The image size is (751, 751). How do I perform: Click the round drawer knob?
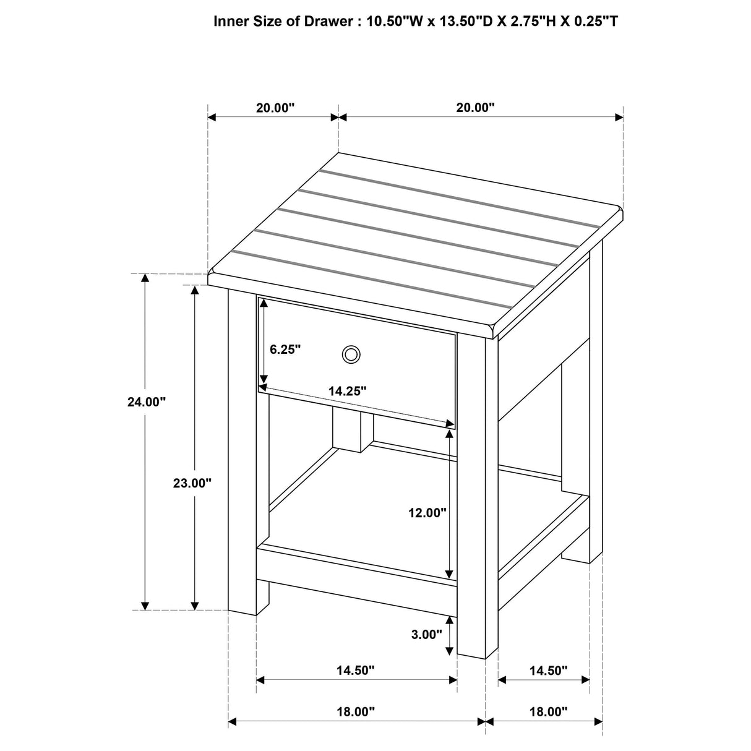[x=351, y=354]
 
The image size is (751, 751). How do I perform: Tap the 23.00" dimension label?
[x=192, y=483]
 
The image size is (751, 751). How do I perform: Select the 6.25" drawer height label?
[x=285, y=350]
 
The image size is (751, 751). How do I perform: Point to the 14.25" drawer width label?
[x=348, y=391]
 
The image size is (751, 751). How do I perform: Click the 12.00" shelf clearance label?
[x=427, y=512]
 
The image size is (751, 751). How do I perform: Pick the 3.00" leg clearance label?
[x=426, y=634]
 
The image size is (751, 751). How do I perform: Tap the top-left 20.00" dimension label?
[x=275, y=108]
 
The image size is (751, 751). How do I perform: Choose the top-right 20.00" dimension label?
[x=476, y=108]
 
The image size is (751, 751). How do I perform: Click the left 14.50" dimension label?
[x=356, y=671]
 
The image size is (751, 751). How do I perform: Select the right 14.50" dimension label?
[x=548, y=671]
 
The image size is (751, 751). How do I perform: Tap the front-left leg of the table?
[x=242, y=452]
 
